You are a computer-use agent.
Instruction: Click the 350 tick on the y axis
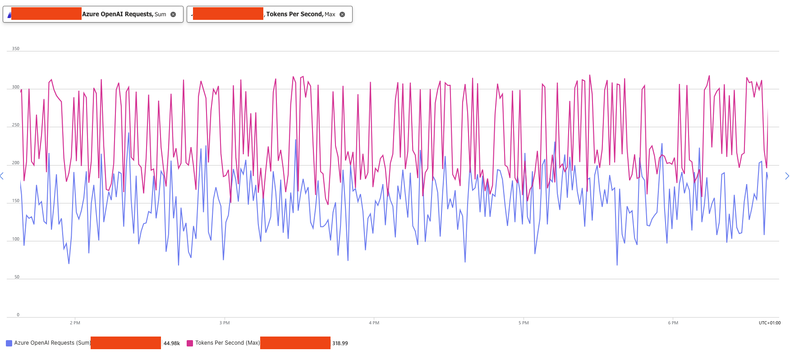click(15, 48)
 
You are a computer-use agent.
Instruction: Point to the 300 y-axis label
click(15, 87)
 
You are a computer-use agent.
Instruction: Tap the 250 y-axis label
click(15, 125)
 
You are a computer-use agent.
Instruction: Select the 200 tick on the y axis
click(15, 162)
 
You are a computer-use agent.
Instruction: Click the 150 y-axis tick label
click(15, 201)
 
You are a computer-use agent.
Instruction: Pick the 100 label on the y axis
click(15, 239)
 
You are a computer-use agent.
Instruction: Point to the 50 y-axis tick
click(17, 277)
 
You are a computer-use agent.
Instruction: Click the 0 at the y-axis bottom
click(18, 314)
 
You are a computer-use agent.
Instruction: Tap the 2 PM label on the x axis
click(75, 323)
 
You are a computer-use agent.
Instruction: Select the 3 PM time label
click(225, 323)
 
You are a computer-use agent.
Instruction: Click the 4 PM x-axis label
click(374, 323)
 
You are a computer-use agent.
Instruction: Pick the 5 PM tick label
click(524, 323)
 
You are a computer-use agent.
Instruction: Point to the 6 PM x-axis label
click(673, 323)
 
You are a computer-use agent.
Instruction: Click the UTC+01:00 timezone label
click(769, 323)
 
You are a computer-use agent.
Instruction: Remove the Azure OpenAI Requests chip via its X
click(173, 14)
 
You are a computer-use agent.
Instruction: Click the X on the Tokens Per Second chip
click(342, 14)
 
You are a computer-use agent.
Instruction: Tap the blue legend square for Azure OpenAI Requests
click(9, 343)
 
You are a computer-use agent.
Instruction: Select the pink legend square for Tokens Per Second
click(190, 343)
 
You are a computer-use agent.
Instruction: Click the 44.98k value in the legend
click(171, 343)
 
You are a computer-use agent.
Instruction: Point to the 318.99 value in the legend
click(340, 343)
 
